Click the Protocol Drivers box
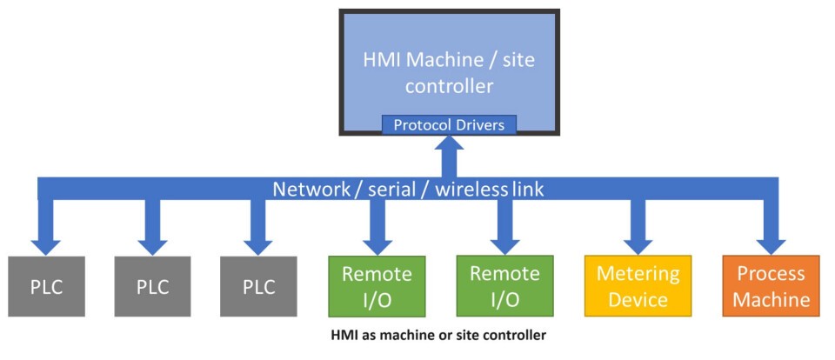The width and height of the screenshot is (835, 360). (x=450, y=124)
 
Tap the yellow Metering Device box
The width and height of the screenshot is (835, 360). (x=638, y=286)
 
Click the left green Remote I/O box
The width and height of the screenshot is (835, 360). (x=376, y=286)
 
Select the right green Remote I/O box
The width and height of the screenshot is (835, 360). (x=504, y=286)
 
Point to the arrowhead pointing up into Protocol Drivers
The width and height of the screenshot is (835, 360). (x=450, y=150)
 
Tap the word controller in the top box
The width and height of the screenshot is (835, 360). (x=450, y=86)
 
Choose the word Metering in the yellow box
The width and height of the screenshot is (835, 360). (x=638, y=274)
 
